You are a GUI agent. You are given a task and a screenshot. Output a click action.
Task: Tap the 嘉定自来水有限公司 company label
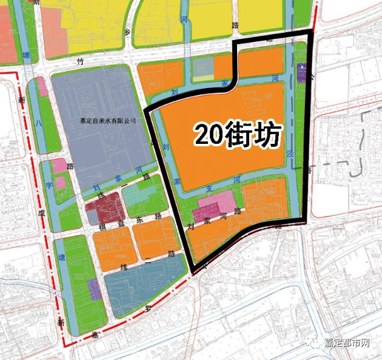click(108, 121)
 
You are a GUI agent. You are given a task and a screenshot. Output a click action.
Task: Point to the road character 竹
click(79, 61)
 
